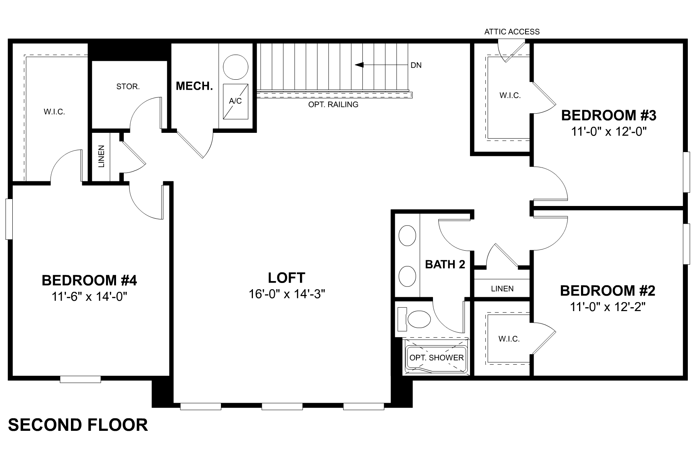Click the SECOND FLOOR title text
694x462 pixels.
pos(78,425)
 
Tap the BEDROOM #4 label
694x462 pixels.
pos(89,280)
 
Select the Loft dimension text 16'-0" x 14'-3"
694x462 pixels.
pos(286,294)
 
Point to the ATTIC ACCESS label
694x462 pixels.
pos(512,32)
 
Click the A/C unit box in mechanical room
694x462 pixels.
pos(235,101)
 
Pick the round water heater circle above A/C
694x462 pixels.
pos(236,66)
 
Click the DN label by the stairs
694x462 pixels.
pos(416,65)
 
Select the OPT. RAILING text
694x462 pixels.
pos(333,105)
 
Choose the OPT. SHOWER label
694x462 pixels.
pos(436,358)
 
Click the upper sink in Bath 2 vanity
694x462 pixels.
pos(407,236)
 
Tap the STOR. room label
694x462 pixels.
pos(128,87)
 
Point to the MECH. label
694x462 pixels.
pos(194,86)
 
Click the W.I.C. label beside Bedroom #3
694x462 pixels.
pos(510,95)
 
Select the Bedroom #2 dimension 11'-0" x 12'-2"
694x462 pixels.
pos(608,307)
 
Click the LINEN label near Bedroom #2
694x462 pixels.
pos(502,289)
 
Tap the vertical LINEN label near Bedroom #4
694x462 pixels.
pos(101,156)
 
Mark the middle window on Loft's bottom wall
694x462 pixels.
pos(282,406)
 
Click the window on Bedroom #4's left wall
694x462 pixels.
pos(9,219)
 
